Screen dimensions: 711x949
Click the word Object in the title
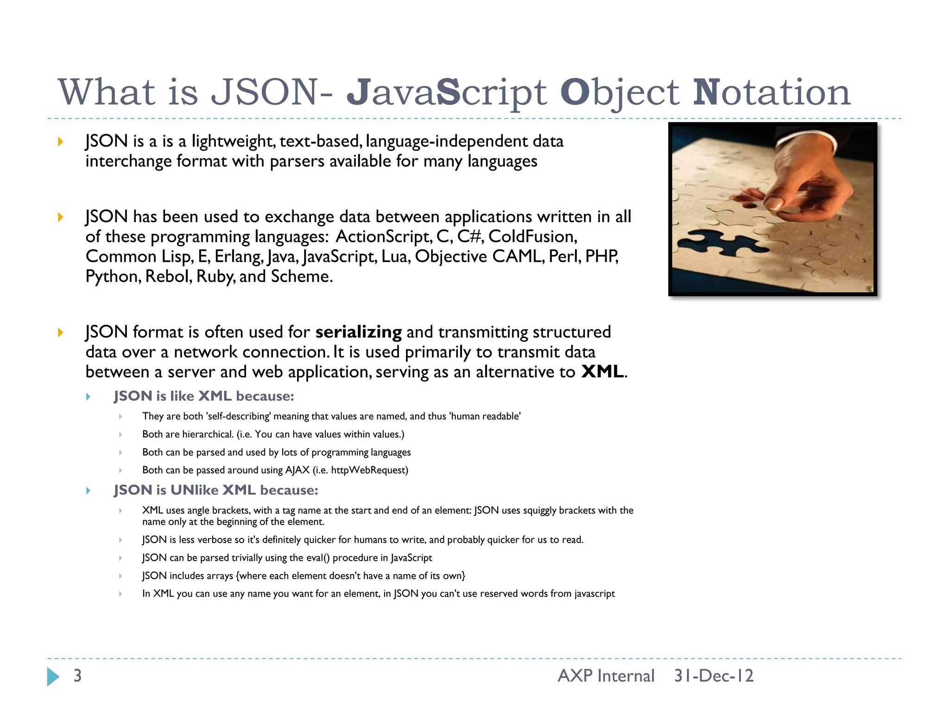[620, 92]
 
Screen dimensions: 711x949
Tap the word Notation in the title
[772, 92]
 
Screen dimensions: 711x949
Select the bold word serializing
[358, 332]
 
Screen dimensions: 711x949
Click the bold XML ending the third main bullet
[602, 372]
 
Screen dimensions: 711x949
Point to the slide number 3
[77, 676]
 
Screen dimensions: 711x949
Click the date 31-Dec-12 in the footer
[714, 676]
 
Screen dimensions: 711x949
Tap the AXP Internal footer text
[606, 676]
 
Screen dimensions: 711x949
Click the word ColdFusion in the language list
[532, 237]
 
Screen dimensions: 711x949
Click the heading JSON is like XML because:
[204, 396]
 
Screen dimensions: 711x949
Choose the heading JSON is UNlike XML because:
[216, 490]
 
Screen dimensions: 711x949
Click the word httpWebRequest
[369, 470]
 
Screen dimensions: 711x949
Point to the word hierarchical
[208, 434]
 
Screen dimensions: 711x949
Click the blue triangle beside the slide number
[53, 676]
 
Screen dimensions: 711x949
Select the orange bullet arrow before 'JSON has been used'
[60, 217]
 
